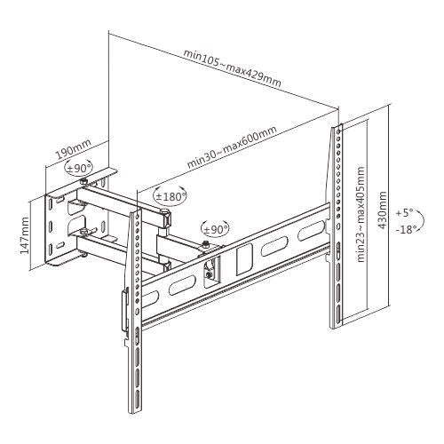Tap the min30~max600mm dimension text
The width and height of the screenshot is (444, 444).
[232, 150]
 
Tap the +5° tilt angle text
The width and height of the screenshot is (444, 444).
[408, 213]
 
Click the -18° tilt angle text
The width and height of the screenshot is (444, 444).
[408, 229]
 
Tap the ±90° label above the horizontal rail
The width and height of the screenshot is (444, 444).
[214, 229]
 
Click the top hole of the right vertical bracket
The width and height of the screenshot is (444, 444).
[338, 133]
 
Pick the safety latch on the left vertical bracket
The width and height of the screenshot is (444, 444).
[124, 315]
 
